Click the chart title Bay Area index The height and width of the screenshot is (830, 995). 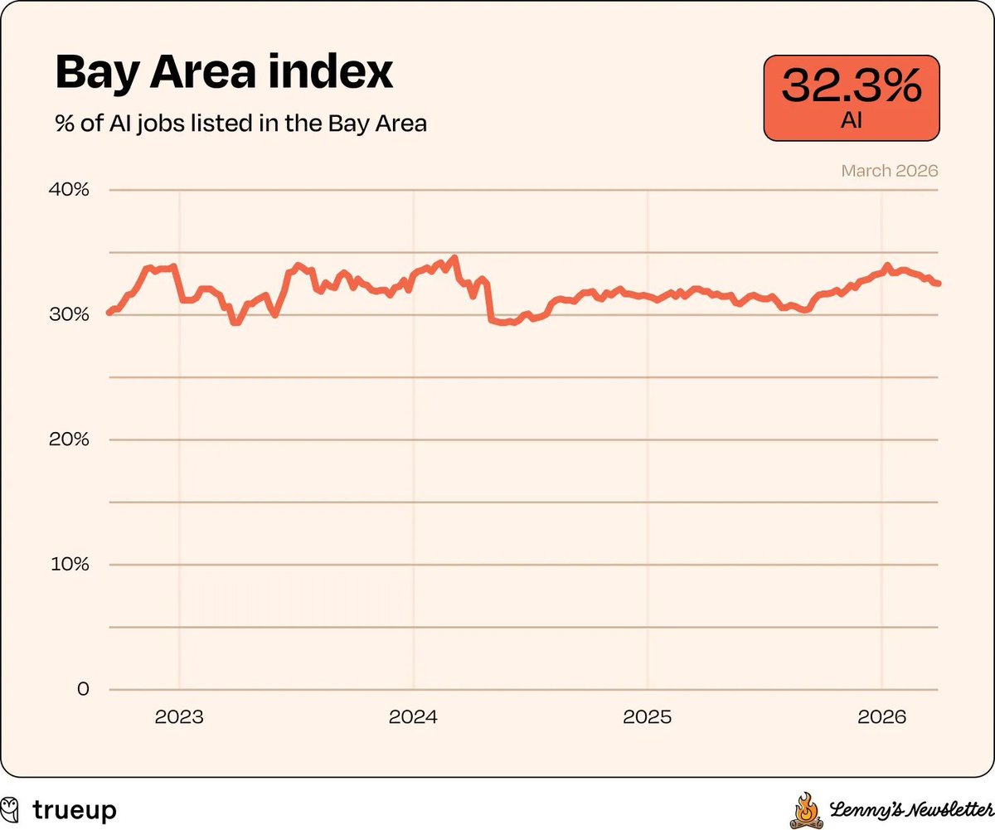coord(224,74)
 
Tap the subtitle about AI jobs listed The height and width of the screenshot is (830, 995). coord(240,124)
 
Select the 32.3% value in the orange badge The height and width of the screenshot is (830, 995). coord(852,85)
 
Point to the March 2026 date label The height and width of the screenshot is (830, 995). coord(890,171)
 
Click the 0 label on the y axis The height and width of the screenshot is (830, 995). coord(83,689)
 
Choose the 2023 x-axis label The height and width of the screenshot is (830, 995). coord(179,717)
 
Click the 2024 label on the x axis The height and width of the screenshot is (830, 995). coord(413,717)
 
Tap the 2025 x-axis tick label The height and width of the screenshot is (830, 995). coord(647,717)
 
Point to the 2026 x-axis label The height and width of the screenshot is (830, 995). coord(881,717)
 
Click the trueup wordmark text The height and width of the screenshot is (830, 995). coord(75,809)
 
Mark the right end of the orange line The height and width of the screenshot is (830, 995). coord(938,284)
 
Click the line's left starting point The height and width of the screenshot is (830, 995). coord(109,312)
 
